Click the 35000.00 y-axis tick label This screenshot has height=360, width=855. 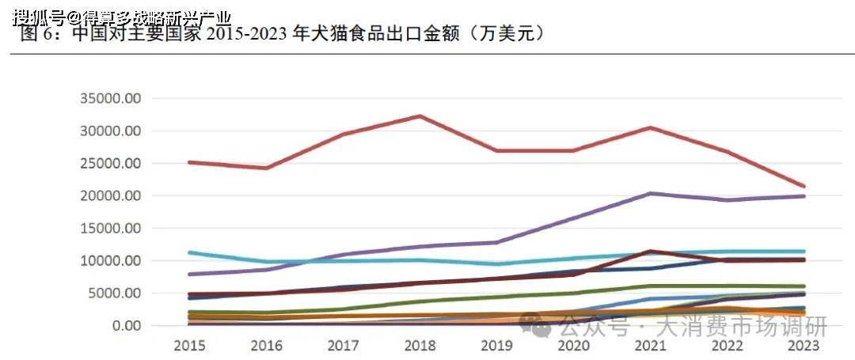click(x=111, y=99)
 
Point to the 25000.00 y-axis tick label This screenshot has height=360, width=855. click(x=111, y=164)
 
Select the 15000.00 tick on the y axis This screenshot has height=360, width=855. click(x=111, y=229)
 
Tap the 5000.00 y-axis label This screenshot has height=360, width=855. click(x=115, y=294)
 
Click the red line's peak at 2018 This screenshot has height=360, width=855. click(x=420, y=116)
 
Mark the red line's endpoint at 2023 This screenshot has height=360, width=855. click(x=804, y=187)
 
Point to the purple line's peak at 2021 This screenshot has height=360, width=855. click(x=650, y=193)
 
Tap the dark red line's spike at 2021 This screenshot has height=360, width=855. click(x=650, y=251)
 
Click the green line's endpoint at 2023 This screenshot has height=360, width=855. click(x=804, y=286)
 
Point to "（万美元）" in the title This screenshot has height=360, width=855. click(x=503, y=34)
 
